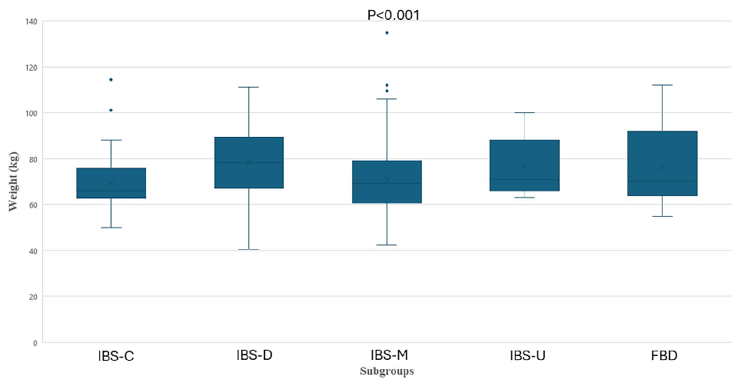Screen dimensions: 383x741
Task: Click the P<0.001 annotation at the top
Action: pyautogui.click(x=394, y=15)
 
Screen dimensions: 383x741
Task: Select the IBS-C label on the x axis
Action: pyautogui.click(x=117, y=356)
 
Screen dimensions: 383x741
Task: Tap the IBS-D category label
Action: pyautogui.click(x=254, y=355)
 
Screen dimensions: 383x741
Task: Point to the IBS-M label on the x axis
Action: pyautogui.click(x=389, y=355)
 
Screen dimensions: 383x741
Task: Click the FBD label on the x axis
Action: pyautogui.click(x=663, y=356)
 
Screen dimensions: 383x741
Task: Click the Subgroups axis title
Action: pyautogui.click(x=387, y=371)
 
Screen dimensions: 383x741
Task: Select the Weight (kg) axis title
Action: pyautogui.click(x=13, y=182)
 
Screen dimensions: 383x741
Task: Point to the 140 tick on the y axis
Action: pyautogui.click(x=30, y=22)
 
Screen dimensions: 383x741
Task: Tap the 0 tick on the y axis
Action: pyautogui.click(x=35, y=342)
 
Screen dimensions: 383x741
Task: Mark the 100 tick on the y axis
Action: pyautogui.click(x=30, y=113)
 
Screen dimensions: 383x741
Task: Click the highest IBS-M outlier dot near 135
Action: pyautogui.click(x=387, y=33)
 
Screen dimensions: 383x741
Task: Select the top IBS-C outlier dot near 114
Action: pyautogui.click(x=111, y=79)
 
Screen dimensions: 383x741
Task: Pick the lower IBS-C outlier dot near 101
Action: pyautogui.click(x=111, y=110)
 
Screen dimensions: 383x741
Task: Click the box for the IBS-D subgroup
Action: pyautogui.click(x=249, y=162)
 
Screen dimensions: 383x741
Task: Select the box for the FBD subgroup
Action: pyautogui.click(x=663, y=163)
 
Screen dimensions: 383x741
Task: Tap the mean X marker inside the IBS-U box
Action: pyautogui.click(x=524, y=166)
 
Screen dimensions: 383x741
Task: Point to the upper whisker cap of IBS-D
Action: pyautogui.click(x=249, y=87)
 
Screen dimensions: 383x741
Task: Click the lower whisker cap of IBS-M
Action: pyautogui.click(x=387, y=245)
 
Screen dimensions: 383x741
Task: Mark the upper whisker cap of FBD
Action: pyautogui.click(x=663, y=85)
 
